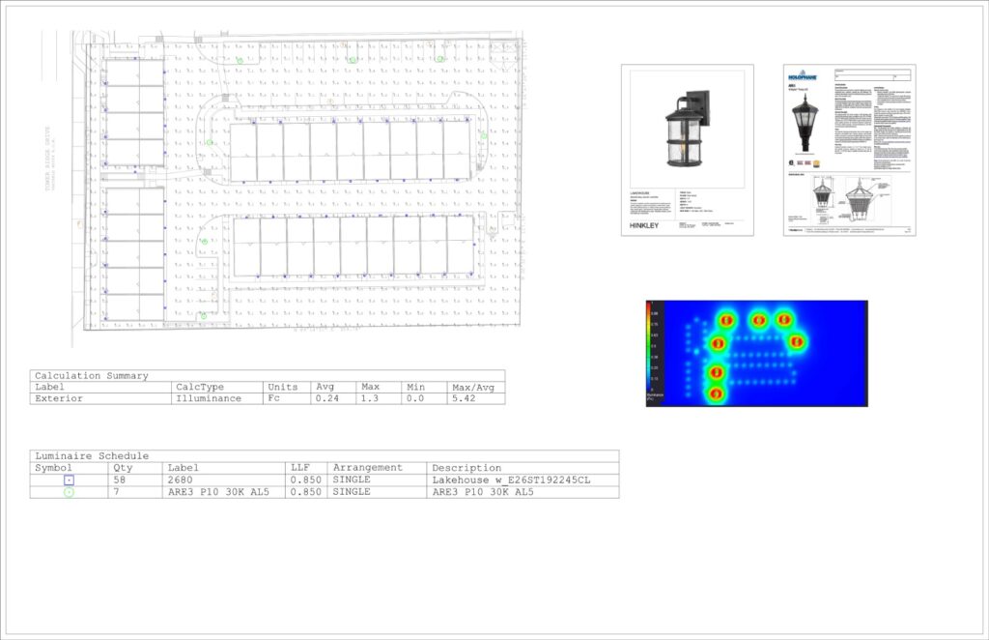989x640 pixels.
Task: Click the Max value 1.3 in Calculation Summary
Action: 369,398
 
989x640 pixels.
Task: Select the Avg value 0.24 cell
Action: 325,398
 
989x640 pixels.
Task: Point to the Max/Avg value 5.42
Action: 465,398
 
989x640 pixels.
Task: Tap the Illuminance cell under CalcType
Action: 209,398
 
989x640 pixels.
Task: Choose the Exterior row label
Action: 59,398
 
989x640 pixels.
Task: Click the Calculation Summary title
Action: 91,375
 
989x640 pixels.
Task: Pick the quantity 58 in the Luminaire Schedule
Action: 122,480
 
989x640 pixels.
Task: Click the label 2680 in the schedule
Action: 181,480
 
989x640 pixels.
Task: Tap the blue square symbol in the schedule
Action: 69,480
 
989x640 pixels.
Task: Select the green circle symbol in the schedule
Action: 69,492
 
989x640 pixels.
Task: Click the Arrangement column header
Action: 367,467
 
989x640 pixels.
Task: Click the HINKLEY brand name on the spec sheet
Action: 644,225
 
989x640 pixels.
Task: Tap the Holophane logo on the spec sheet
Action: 802,75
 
